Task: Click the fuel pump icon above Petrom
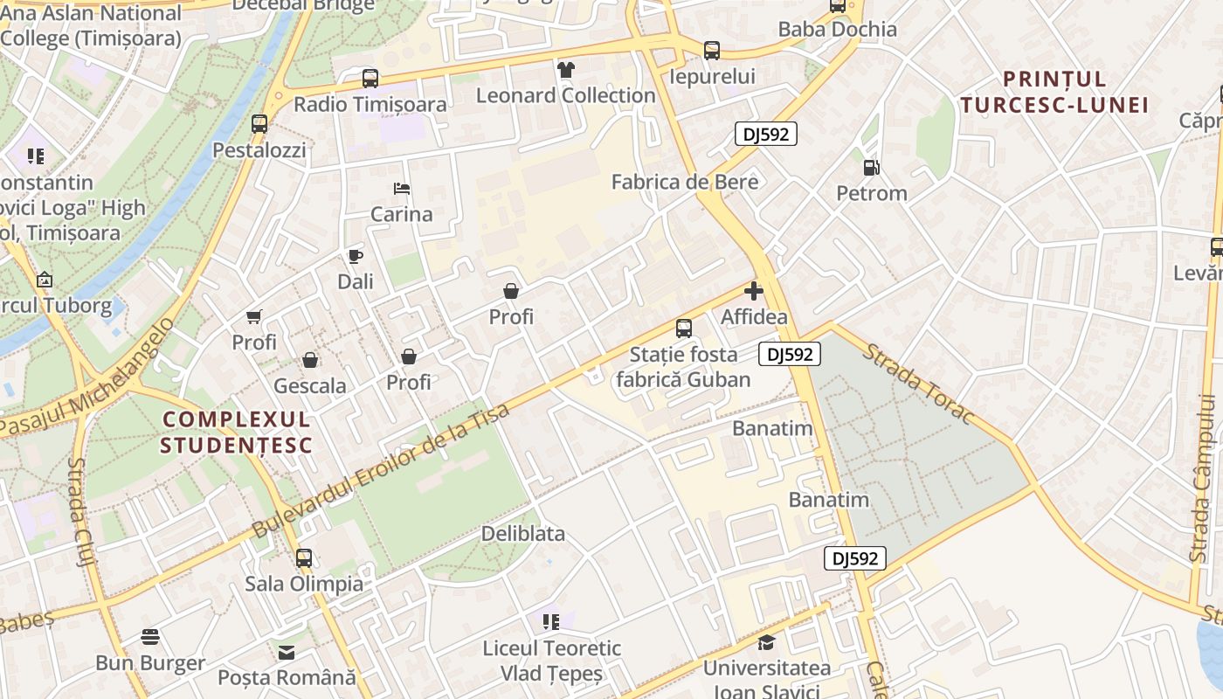[871, 167]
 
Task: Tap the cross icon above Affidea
[754, 291]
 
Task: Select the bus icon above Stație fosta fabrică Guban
[684, 329]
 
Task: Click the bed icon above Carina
[402, 189]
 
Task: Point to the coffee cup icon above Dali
[356, 256]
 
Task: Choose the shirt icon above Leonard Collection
[566, 70]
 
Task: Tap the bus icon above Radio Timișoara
[370, 79]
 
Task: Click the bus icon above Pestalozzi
[259, 124]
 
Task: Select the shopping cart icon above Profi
[254, 316]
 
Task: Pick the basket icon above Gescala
[310, 360]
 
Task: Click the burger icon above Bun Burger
[150, 637]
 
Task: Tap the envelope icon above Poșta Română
[287, 652]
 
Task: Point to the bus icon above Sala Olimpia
[304, 557]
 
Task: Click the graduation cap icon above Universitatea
[766, 643]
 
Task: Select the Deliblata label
[523, 533]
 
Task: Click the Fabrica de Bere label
[685, 182]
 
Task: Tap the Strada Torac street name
[917, 384]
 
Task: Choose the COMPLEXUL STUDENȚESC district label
[237, 432]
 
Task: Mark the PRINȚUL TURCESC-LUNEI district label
[1054, 92]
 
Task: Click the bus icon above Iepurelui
[712, 51]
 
